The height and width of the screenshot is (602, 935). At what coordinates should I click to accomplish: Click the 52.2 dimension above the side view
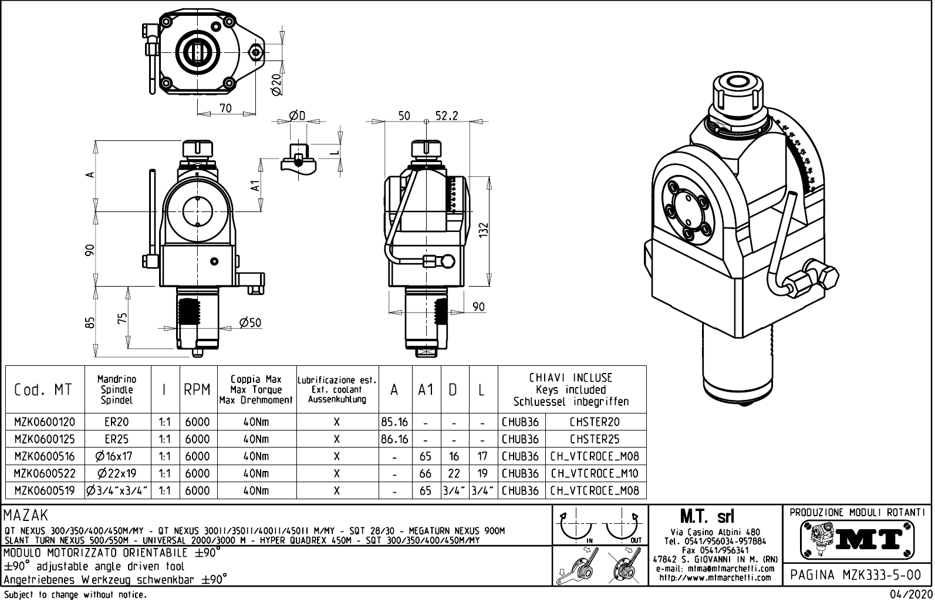[x=446, y=116]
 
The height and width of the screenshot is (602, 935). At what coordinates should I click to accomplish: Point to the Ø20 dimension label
[x=277, y=85]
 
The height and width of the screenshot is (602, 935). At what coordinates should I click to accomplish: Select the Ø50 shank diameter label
[x=250, y=322]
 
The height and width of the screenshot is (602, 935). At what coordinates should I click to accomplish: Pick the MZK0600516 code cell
[x=45, y=456]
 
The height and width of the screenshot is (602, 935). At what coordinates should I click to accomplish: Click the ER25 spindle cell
[x=117, y=439]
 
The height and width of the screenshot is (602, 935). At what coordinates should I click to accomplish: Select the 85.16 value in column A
[x=394, y=422]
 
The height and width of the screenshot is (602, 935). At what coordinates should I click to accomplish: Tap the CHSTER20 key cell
[x=595, y=422]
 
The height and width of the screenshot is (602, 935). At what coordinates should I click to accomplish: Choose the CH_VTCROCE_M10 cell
[x=595, y=473]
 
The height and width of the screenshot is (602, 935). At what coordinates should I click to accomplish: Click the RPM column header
[x=197, y=390]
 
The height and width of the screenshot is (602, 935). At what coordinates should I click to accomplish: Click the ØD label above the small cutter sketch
[x=297, y=116]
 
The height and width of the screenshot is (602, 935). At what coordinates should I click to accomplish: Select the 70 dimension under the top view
[x=225, y=108]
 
